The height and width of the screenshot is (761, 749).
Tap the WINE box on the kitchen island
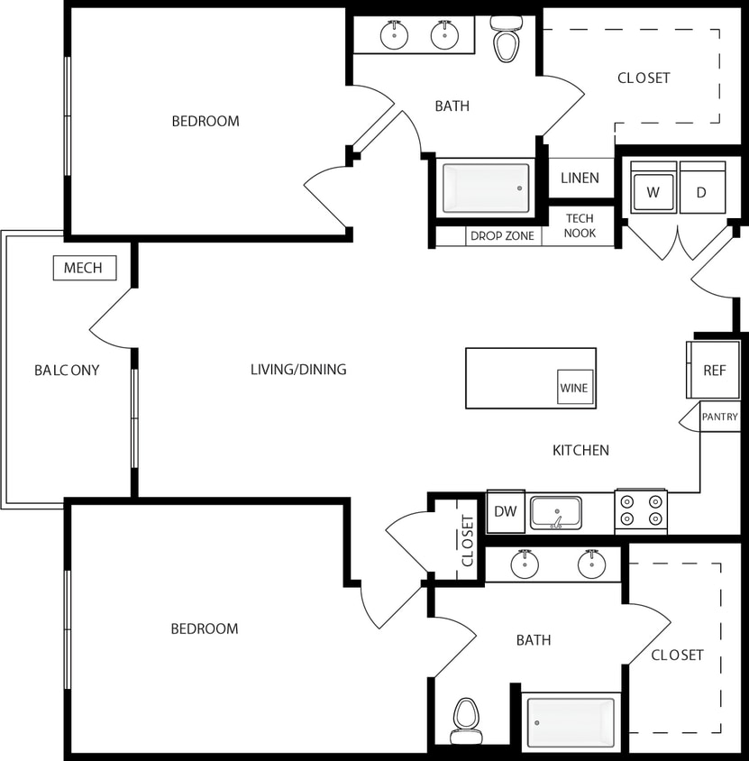point(575,388)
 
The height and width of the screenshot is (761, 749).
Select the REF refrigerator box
point(714,370)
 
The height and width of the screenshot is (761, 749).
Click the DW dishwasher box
point(506,512)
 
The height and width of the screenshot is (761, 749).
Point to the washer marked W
point(653,191)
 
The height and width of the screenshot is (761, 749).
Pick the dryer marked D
point(702,191)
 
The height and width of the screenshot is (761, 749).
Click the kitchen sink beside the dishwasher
point(555,512)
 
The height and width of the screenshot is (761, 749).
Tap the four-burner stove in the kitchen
point(641,511)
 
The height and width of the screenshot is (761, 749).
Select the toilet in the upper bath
point(507,41)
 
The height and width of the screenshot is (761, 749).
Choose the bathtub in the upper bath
point(486,188)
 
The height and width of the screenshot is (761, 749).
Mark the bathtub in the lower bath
point(571,722)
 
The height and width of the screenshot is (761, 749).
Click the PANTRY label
point(719,417)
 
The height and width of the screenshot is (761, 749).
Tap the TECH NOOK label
point(580,225)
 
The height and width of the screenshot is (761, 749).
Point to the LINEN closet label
point(580,178)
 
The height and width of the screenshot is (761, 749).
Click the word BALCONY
point(67,370)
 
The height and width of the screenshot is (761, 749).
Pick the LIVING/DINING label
point(298,369)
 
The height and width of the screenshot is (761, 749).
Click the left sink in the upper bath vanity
point(395,35)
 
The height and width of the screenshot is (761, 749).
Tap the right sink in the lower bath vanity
point(591,564)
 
